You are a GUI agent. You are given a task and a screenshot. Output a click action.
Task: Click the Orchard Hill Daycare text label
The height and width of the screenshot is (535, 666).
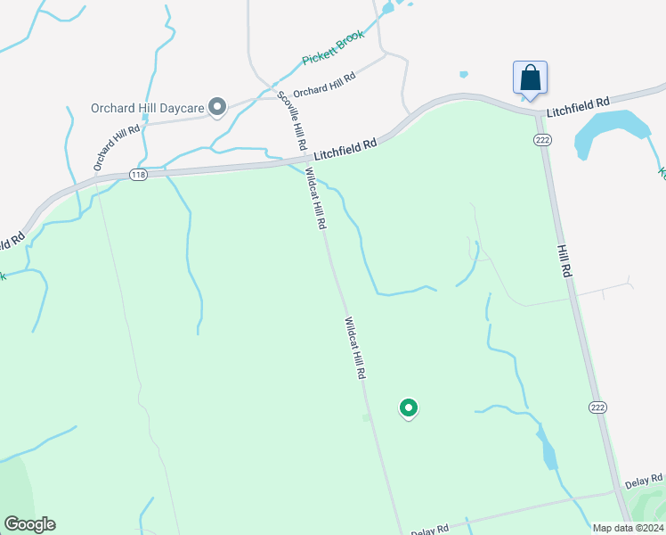click(x=148, y=109)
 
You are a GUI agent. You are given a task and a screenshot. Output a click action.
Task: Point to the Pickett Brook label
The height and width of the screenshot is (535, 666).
click(x=334, y=48)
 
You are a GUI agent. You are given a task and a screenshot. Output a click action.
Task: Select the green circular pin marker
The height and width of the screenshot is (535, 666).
click(x=409, y=408)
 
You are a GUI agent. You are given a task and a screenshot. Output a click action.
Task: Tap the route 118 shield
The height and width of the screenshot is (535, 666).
click(x=137, y=175)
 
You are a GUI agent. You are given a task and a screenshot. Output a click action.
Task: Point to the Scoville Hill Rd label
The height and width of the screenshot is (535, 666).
click(x=293, y=119)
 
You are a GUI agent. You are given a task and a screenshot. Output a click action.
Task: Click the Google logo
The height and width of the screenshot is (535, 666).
click(x=29, y=524)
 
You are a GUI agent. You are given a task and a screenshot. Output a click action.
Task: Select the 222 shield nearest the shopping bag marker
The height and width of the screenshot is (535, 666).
click(x=541, y=140)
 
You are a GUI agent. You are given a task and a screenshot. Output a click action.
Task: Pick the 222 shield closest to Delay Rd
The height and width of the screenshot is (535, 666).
click(x=598, y=407)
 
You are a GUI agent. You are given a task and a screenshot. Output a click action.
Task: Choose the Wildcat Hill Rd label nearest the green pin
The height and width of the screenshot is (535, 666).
click(x=355, y=349)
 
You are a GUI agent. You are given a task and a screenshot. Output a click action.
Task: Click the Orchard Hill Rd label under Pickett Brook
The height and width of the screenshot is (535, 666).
click(x=324, y=85)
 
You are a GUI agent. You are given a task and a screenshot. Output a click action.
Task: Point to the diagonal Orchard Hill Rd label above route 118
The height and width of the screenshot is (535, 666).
click(x=117, y=147)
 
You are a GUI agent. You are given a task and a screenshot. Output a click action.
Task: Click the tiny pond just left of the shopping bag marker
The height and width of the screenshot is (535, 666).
click(x=463, y=74)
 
